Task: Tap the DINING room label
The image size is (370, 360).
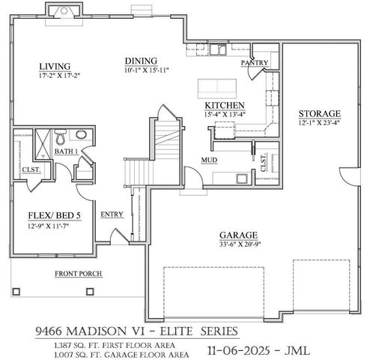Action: click(x=141, y=61)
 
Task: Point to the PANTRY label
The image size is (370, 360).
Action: click(x=254, y=64)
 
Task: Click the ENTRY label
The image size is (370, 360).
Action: click(x=112, y=214)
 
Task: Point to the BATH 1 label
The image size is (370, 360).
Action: click(x=67, y=152)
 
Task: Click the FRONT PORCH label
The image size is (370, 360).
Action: click(x=78, y=274)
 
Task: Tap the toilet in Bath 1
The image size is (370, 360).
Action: click(x=61, y=136)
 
